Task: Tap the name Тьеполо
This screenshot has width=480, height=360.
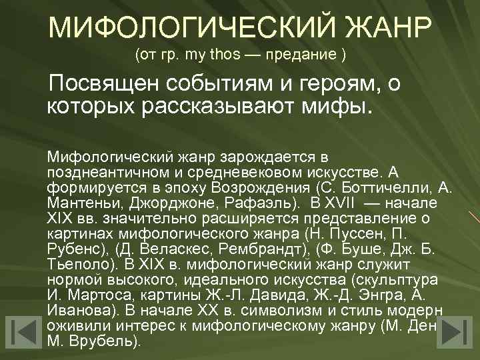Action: (x=76, y=264)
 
